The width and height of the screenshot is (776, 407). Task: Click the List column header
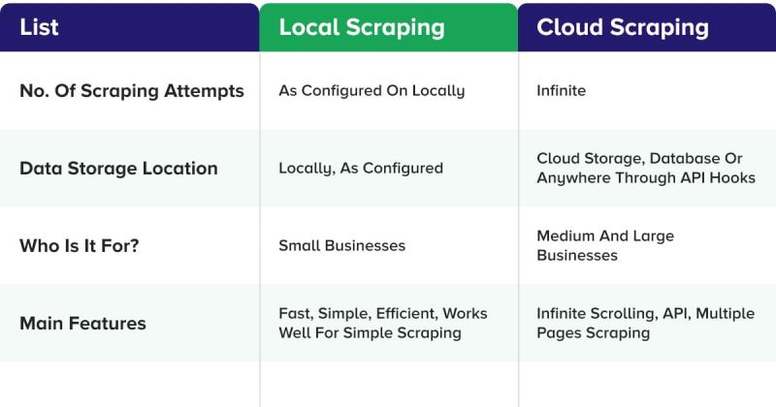[x=39, y=27]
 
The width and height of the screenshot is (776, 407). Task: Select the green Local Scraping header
[x=362, y=27]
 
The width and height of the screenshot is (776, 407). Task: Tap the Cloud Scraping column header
[x=623, y=27]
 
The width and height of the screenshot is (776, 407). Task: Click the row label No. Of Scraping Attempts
[x=132, y=91]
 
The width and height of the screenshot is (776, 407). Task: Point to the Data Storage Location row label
[x=118, y=168]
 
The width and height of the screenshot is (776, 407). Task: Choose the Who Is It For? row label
[x=80, y=245]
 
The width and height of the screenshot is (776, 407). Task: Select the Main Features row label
[x=82, y=323]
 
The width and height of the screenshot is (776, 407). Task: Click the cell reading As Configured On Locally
[x=372, y=91]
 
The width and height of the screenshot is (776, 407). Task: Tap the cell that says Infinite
[x=561, y=91]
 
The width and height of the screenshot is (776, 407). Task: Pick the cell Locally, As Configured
[x=360, y=168]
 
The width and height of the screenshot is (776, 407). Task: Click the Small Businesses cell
[x=341, y=245]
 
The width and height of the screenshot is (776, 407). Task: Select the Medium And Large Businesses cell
[x=605, y=245]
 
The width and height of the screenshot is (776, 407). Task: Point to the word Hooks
[x=733, y=177]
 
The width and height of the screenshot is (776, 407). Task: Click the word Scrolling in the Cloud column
[x=624, y=314]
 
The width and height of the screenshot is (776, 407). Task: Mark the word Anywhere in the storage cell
[x=571, y=177]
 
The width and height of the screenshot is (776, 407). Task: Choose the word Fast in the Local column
[x=294, y=314]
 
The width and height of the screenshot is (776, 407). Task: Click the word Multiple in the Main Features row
[x=725, y=314]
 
